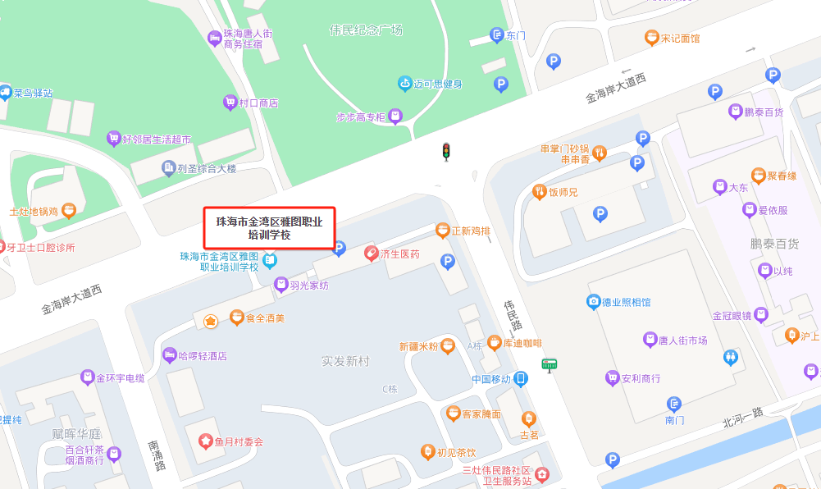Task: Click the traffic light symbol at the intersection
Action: click(x=446, y=152)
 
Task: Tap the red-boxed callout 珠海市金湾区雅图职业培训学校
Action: click(x=269, y=228)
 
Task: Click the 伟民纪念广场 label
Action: click(x=366, y=30)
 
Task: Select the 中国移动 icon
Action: click(x=521, y=379)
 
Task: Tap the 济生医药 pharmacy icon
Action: click(x=371, y=254)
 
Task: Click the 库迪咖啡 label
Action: click(x=522, y=343)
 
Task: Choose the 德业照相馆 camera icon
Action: click(x=593, y=302)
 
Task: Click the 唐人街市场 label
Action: click(x=682, y=340)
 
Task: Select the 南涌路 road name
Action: click(x=155, y=455)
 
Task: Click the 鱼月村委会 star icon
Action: click(x=205, y=441)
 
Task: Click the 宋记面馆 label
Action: click(x=680, y=38)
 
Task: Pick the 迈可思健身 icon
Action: click(x=404, y=84)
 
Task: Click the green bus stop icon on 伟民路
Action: click(x=549, y=365)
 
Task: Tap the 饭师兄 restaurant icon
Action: click(x=540, y=192)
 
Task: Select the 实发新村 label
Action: click(x=345, y=361)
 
